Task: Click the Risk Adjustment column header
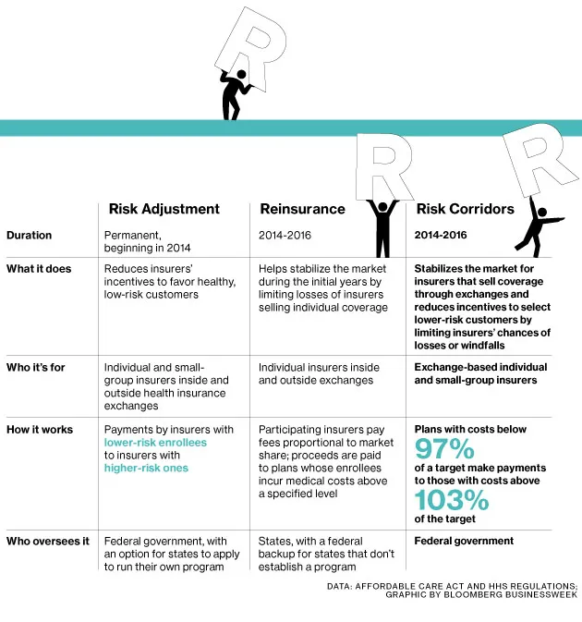(x=164, y=209)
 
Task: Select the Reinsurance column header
(x=302, y=209)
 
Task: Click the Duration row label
(x=29, y=236)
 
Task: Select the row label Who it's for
(x=36, y=367)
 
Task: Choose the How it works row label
(x=39, y=430)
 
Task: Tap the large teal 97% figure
(x=444, y=450)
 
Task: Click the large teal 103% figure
(x=452, y=500)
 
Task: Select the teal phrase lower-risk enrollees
(x=155, y=443)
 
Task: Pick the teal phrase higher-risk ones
(x=146, y=468)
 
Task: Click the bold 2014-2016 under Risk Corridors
(x=442, y=236)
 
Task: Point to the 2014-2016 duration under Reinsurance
(x=285, y=236)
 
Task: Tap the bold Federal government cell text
(x=464, y=541)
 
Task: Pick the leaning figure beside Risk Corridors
(x=533, y=226)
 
